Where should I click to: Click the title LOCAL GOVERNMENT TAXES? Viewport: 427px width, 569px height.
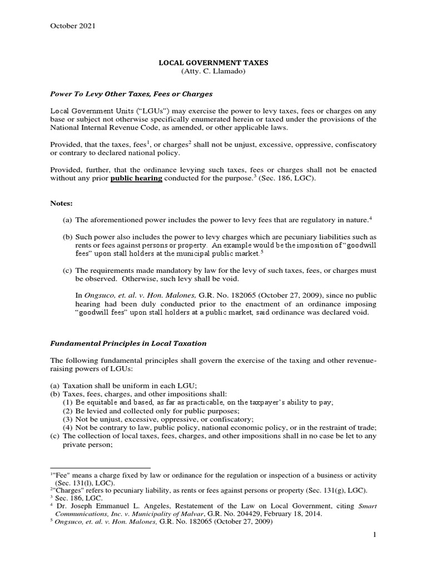point(213,63)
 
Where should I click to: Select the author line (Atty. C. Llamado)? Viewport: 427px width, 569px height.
point(213,73)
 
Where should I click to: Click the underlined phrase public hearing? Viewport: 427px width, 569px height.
point(136,178)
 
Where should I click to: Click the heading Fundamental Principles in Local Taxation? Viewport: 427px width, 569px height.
point(128,343)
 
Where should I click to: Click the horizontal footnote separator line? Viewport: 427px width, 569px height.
point(101,467)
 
